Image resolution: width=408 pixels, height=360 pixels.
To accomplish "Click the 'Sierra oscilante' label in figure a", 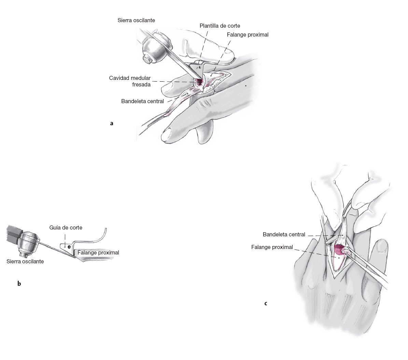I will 136,20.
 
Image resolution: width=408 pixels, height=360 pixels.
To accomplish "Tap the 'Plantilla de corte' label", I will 220,26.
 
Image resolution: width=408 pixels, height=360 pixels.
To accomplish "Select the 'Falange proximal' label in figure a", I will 248,34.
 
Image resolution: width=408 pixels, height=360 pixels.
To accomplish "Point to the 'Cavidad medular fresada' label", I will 130,81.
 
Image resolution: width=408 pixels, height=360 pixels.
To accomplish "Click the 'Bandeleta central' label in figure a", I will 142,101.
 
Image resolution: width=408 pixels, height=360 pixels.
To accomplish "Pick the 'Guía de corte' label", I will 66,227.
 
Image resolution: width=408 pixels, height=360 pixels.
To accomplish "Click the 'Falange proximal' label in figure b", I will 98,253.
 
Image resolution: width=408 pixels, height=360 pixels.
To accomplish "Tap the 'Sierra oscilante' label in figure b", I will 25,262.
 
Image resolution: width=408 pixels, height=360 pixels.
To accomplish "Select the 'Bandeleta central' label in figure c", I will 284,235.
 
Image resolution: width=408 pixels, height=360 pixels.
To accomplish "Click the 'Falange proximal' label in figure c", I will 272,247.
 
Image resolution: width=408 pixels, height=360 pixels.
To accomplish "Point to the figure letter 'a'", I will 112,123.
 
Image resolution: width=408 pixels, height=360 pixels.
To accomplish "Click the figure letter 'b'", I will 19,283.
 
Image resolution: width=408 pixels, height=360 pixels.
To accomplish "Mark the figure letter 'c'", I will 266,303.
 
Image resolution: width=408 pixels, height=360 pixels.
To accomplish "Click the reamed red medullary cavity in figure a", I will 198,82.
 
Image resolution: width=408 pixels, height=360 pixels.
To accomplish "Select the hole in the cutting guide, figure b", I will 69,246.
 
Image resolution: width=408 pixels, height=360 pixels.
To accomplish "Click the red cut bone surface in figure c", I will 339,250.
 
